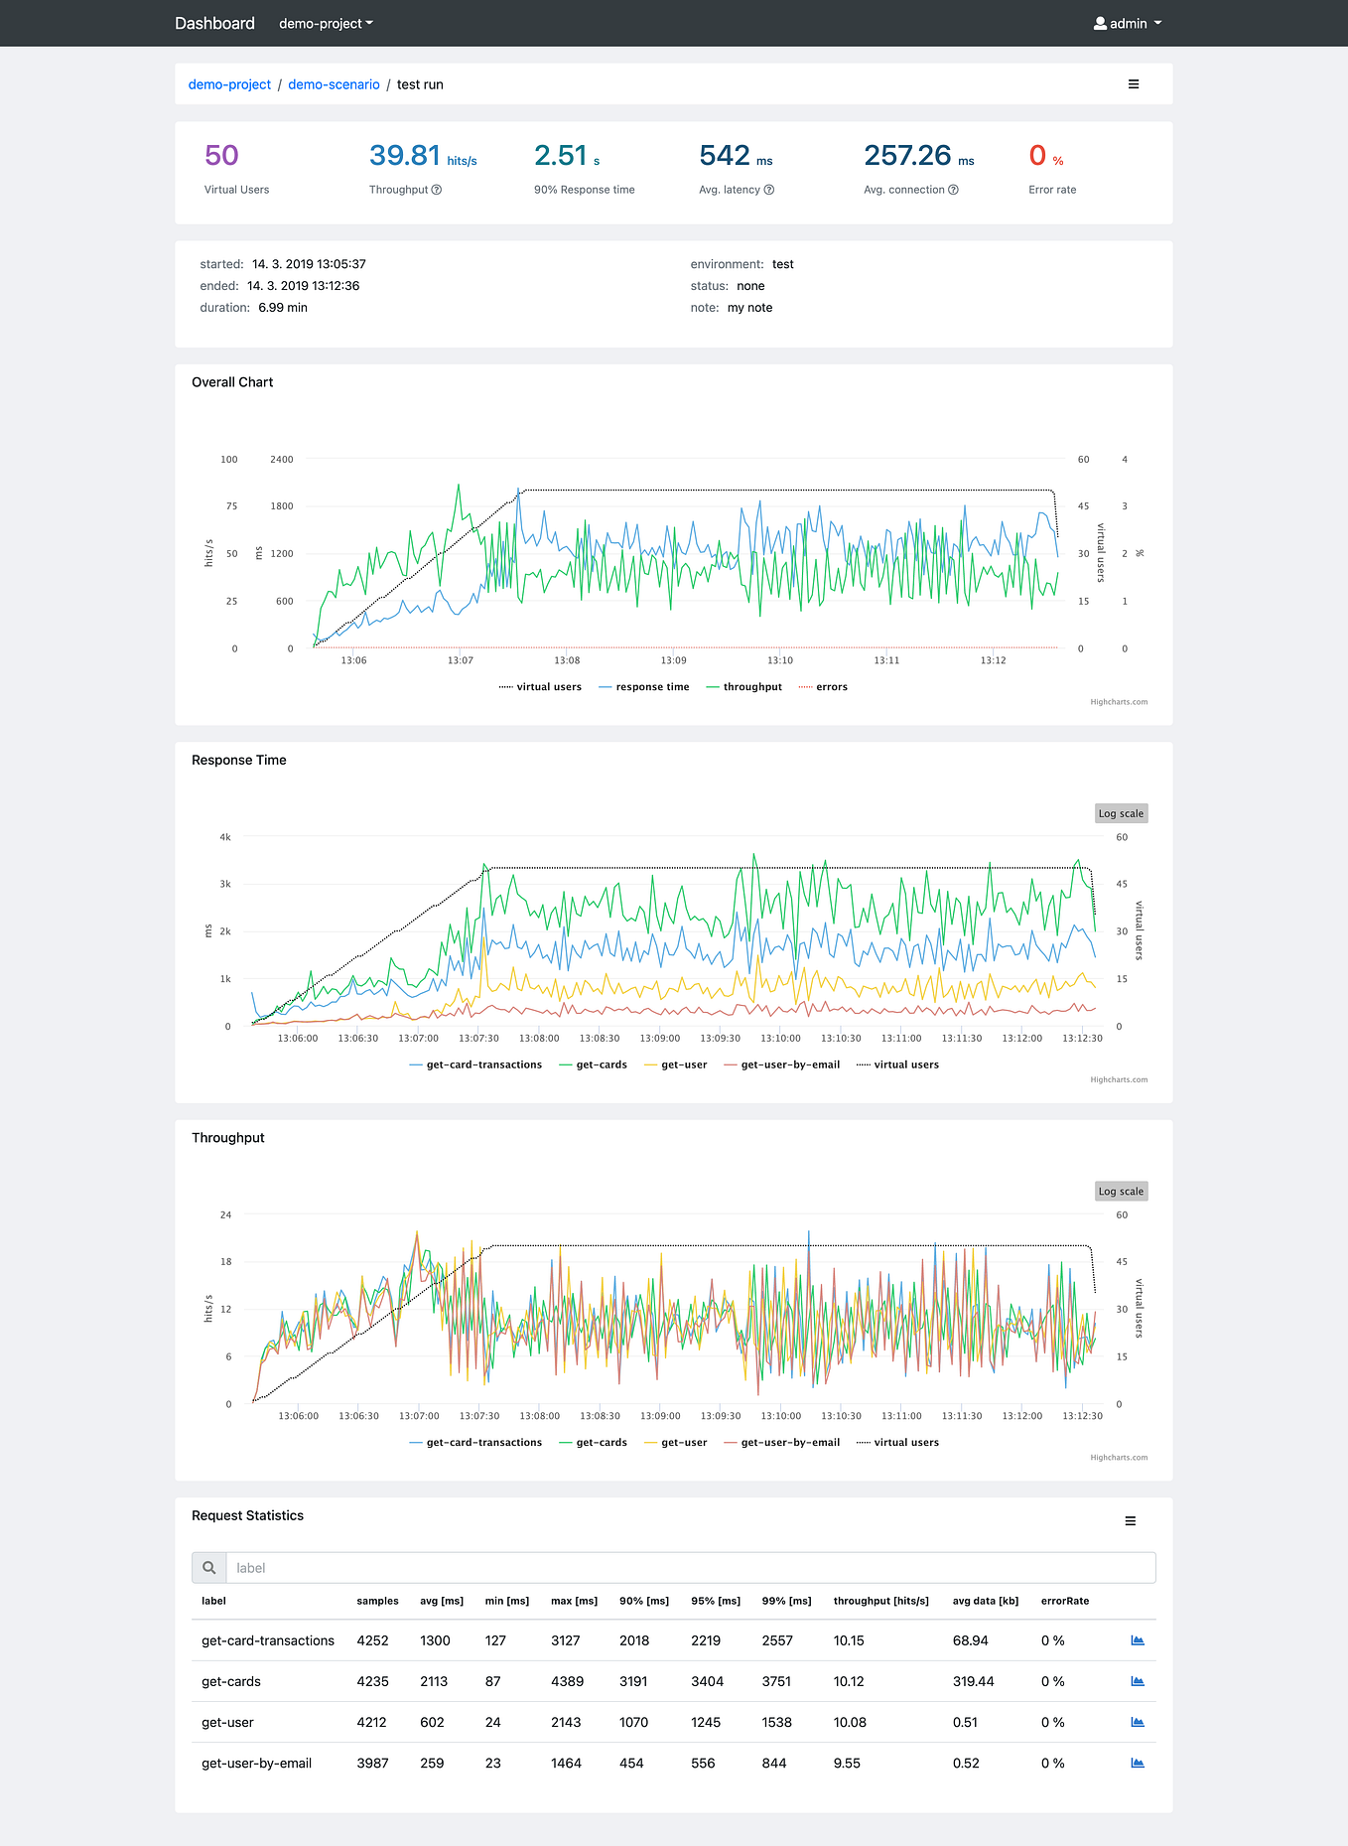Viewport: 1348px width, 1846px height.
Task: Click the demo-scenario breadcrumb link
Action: (x=334, y=84)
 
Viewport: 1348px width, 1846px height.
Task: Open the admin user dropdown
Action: (x=1128, y=23)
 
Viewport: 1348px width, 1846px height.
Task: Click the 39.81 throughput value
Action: (x=405, y=156)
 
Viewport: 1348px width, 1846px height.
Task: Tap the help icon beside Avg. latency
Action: (x=769, y=190)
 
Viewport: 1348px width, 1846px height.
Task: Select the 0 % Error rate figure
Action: (x=1038, y=156)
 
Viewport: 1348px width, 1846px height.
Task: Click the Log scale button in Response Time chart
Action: (x=1121, y=813)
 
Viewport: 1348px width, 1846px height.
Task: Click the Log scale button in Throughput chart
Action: (x=1121, y=1191)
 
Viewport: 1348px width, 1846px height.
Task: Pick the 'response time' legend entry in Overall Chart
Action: (x=651, y=687)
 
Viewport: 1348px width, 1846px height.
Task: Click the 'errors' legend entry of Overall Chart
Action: (x=831, y=687)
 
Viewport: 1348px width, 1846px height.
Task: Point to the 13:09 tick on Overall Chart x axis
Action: (x=673, y=660)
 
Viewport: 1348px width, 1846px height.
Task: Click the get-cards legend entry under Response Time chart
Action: (x=601, y=1065)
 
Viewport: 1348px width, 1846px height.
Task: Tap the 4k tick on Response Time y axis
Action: (x=225, y=837)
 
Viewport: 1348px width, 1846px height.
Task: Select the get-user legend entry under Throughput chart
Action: (x=684, y=1443)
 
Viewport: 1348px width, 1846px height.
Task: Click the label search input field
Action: (x=690, y=1568)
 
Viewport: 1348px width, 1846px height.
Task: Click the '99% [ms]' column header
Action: (x=786, y=1601)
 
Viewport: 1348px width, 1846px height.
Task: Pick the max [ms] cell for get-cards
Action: (x=567, y=1681)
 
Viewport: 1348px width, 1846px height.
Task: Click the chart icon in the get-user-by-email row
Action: (x=1138, y=1763)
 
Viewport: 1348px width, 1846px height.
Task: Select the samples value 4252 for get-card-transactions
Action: (x=372, y=1640)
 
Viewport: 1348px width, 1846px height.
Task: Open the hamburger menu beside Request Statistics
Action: (x=1130, y=1521)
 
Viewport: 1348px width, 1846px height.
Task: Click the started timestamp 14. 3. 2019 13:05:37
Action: (x=309, y=264)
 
